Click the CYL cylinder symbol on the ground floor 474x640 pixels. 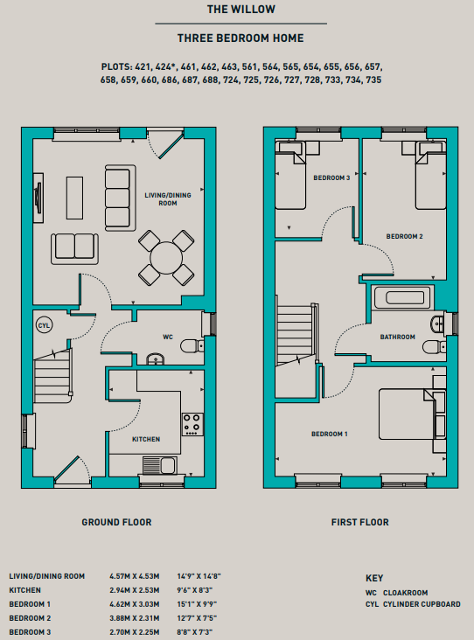[x=44, y=325]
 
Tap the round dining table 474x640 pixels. [x=166, y=258]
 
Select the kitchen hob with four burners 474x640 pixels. [x=192, y=424]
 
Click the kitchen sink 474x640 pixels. [x=160, y=465]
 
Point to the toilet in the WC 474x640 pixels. [x=192, y=346]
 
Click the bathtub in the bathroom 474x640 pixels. [x=402, y=297]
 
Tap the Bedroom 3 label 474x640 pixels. [x=331, y=178]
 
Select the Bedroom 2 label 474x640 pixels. [x=405, y=236]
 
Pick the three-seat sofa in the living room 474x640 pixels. [x=120, y=198]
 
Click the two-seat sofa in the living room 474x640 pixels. [x=74, y=248]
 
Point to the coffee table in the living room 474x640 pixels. [x=74, y=198]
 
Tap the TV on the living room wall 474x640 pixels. [x=38, y=198]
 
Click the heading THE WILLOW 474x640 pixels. [x=241, y=10]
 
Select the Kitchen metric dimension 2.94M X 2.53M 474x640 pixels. [x=135, y=590]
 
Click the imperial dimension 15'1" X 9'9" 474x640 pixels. [x=197, y=604]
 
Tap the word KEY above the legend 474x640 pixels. [x=374, y=579]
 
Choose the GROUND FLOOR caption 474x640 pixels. [x=116, y=523]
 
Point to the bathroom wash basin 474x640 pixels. [x=437, y=324]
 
